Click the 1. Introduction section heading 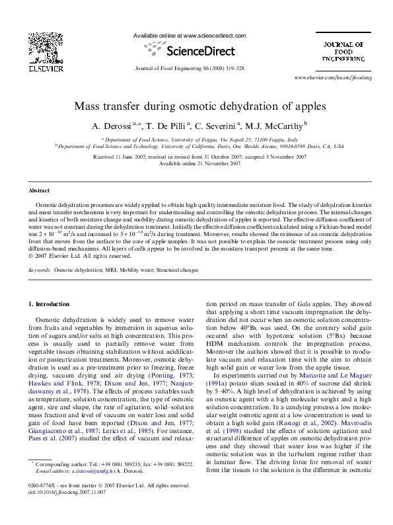(51, 304)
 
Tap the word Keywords (40, 270)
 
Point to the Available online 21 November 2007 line (196, 163)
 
